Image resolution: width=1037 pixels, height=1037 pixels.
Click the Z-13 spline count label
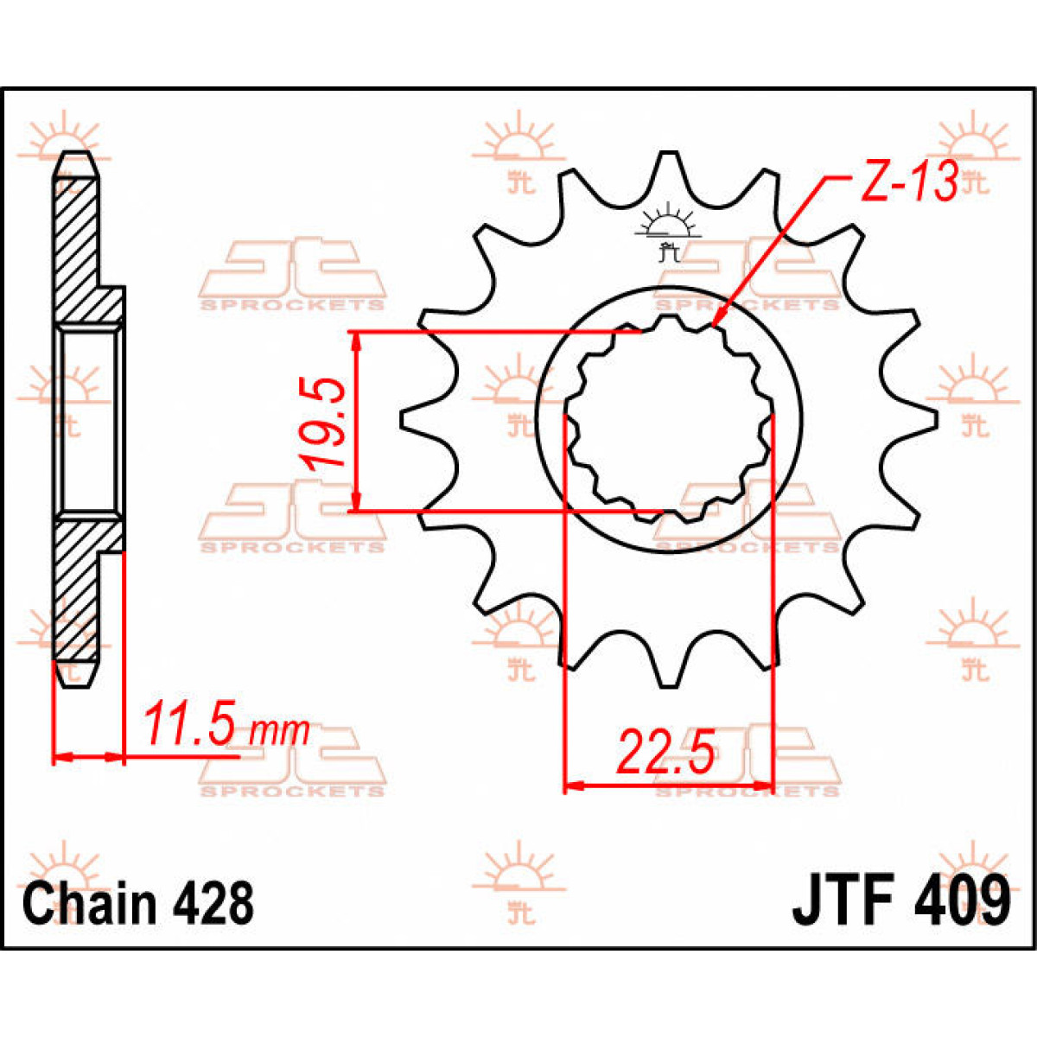908,182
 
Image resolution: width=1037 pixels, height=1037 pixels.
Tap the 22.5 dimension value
665,752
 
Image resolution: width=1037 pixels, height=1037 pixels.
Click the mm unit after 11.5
278,731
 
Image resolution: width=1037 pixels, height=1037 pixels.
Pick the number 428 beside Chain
213,903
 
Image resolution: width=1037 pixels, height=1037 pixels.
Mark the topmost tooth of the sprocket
667,162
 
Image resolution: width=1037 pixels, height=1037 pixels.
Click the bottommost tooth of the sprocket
667,678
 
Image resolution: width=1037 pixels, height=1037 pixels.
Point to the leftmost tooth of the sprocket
411,419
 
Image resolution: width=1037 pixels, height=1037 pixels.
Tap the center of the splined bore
667,419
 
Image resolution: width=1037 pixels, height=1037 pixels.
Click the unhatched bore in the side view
88,419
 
